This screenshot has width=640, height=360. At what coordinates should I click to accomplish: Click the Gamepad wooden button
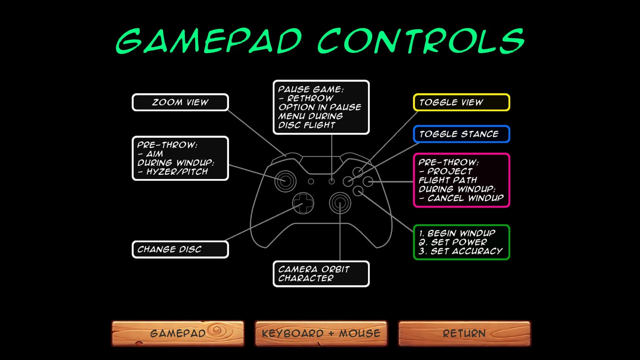pyautogui.click(x=178, y=333)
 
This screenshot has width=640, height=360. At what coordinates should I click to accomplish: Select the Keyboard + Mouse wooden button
pyautogui.click(x=321, y=333)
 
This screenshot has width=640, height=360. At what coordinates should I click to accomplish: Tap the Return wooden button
pyautogui.click(x=464, y=333)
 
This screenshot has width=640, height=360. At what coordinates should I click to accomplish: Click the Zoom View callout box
pyautogui.click(x=180, y=102)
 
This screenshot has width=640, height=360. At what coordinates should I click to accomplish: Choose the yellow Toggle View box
pyautogui.click(x=462, y=102)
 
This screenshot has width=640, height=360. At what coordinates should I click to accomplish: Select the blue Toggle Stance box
pyautogui.click(x=462, y=134)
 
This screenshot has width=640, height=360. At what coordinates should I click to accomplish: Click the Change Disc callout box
pyautogui.click(x=180, y=249)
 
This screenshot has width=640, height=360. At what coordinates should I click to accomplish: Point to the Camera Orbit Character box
pyautogui.click(x=321, y=274)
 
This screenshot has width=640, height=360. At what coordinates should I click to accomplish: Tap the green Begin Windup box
pyautogui.click(x=462, y=242)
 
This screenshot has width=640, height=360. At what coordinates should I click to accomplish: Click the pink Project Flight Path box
pyautogui.click(x=462, y=180)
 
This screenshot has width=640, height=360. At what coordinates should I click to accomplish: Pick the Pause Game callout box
pyautogui.click(x=321, y=107)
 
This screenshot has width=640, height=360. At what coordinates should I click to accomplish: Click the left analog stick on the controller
pyautogui.click(x=285, y=181)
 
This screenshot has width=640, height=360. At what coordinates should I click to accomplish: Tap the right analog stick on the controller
pyautogui.click(x=340, y=203)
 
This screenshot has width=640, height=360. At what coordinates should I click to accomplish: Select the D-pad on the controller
pyautogui.click(x=303, y=203)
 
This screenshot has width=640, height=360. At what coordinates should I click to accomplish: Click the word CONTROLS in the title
pyautogui.click(x=421, y=41)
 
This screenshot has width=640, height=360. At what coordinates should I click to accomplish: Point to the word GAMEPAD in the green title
pyautogui.click(x=209, y=41)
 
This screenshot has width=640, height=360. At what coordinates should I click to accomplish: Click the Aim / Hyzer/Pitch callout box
pyautogui.click(x=180, y=158)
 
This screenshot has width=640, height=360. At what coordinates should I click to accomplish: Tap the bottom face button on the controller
pyautogui.click(x=358, y=191)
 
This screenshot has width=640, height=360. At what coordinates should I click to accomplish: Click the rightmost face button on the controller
pyautogui.click(x=368, y=182)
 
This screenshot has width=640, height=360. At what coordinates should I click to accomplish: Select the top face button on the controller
pyautogui.click(x=358, y=172)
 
